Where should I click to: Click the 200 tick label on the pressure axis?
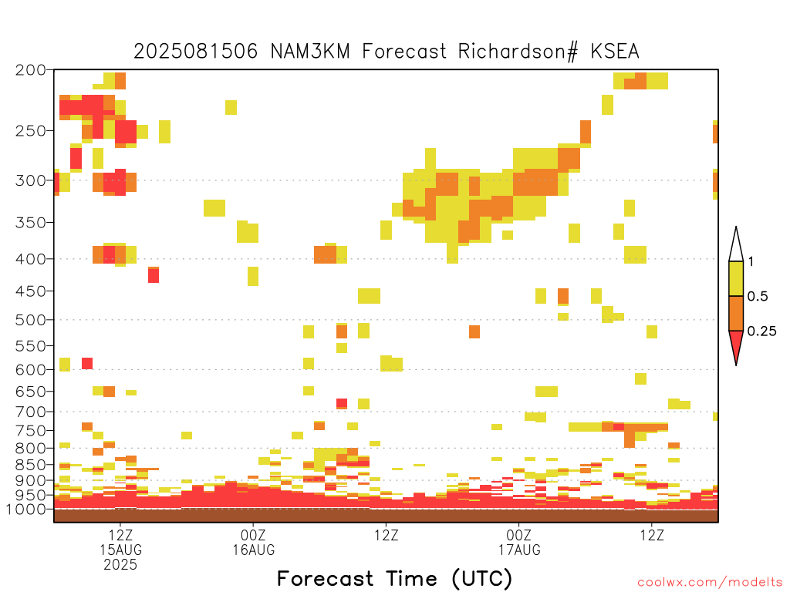pos(30,70)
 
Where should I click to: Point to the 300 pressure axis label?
pos(30,180)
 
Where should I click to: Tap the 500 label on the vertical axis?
pos(30,320)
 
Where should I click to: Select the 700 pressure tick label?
pos(30,412)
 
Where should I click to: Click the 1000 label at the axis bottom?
pos(25,510)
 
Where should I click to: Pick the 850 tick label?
pos(30,465)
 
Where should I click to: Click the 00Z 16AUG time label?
pos(253,542)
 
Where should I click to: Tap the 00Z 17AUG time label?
pos(519,542)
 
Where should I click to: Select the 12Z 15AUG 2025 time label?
pos(120,550)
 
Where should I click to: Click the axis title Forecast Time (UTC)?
pos(394,578)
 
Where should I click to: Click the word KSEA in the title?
pos(615,52)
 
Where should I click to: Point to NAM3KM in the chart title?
pos(310,52)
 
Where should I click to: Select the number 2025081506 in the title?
pos(195,52)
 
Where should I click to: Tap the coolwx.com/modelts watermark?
pos(710,583)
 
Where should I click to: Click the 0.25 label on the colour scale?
pos(761,331)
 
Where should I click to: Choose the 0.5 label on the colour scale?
pos(758,297)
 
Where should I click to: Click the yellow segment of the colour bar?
pos(736,278)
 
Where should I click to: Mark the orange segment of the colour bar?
pos(736,313)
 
